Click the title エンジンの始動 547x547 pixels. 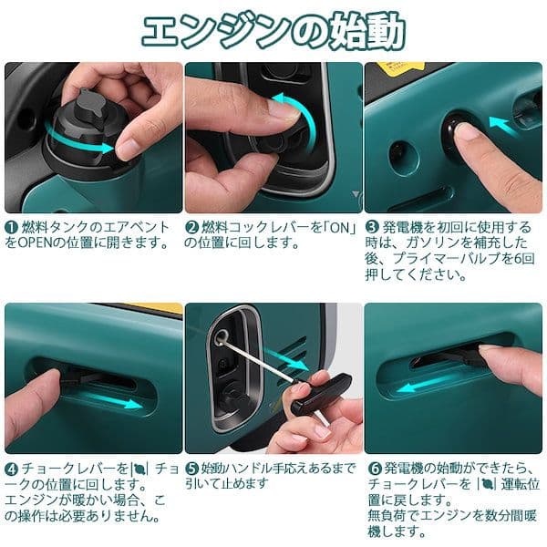[x=273, y=29]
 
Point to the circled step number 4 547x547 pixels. [x=11, y=468]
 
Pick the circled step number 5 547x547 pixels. [x=191, y=468]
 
